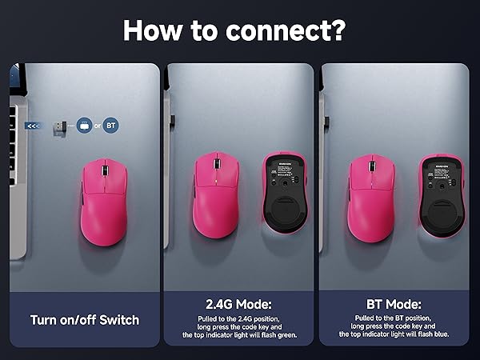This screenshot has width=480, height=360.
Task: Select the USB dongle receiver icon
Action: point(58,126)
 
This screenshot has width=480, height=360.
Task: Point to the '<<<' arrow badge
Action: point(33,126)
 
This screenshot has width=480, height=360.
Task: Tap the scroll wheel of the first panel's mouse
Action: point(103,170)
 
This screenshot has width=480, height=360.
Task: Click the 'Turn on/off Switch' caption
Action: point(85,320)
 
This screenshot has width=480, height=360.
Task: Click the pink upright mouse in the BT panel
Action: point(371,195)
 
